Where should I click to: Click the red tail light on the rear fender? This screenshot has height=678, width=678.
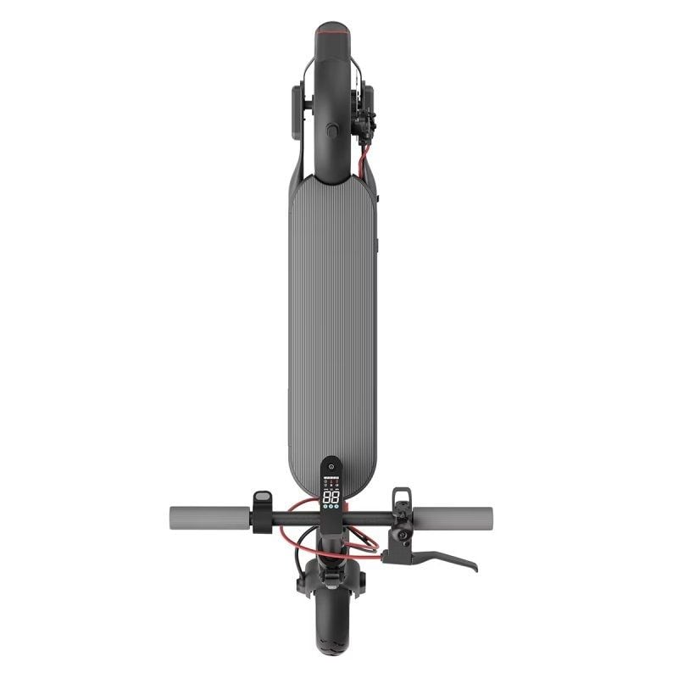pos(331,31)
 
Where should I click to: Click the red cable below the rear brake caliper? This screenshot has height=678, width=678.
pos(365,162)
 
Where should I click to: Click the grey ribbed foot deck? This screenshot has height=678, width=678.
pos(332,322)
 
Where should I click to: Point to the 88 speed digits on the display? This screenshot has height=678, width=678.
pos(331,497)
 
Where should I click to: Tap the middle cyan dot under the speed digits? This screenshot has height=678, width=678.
pos(331,507)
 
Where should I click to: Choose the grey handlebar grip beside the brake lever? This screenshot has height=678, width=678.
pos(453,515)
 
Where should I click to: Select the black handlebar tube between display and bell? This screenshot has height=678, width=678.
pos(369,514)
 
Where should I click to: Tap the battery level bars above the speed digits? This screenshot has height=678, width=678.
pos(331,485)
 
